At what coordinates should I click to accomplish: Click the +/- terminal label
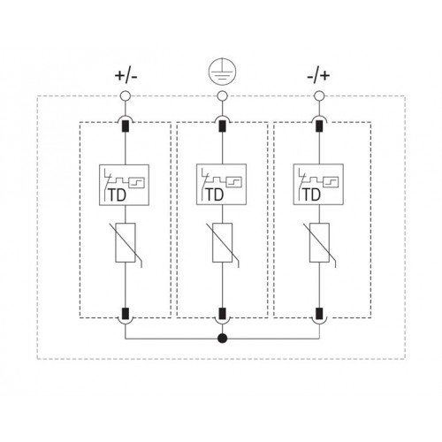tap(126, 76)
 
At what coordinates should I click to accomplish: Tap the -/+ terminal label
tap(318, 76)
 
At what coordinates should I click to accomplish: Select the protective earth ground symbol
tap(222, 72)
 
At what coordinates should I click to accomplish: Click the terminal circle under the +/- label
tap(126, 95)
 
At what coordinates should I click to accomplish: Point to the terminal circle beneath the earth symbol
tap(222, 95)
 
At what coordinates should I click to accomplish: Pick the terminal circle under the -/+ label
tap(319, 95)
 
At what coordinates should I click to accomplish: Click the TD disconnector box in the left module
tap(124, 185)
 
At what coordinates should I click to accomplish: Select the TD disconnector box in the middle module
tap(221, 185)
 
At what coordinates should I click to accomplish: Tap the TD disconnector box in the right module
tap(318, 185)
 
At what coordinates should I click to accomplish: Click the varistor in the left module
tap(126, 242)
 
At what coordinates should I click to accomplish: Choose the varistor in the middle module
tap(223, 242)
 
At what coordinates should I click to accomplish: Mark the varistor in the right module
tap(319, 242)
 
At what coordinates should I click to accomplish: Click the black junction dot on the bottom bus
tap(223, 339)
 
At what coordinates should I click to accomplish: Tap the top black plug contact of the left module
tap(126, 126)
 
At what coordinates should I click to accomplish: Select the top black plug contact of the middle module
tap(222, 126)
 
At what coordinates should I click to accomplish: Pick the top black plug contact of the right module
tap(319, 126)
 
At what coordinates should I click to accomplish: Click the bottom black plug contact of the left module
tap(126, 314)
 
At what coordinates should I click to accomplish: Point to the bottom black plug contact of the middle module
tap(222, 314)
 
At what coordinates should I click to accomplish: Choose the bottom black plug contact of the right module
tap(319, 314)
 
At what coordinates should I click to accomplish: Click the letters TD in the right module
tap(311, 194)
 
